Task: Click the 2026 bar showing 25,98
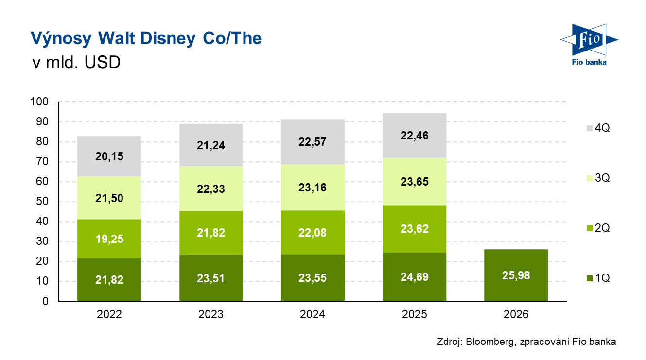coord(516,275)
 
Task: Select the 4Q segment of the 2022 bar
coord(109,156)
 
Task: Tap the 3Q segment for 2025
coord(415,181)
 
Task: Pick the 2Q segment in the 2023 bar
coord(211,233)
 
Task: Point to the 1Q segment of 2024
coord(313,278)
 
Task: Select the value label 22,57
coord(313,142)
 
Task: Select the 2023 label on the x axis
coord(211,315)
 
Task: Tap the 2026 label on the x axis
coord(516,315)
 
